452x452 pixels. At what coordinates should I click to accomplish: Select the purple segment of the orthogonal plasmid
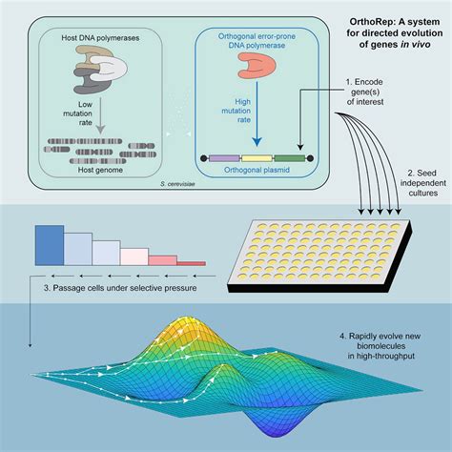pyautogui.click(x=223, y=155)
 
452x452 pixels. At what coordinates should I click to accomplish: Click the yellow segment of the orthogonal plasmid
pyautogui.click(x=255, y=155)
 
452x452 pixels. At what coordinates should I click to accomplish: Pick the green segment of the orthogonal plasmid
pyautogui.click(x=287, y=155)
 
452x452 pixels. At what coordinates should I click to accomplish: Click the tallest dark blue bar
pyautogui.click(x=48, y=243)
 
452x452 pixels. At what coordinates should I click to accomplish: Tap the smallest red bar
pyautogui.click(x=192, y=262)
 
